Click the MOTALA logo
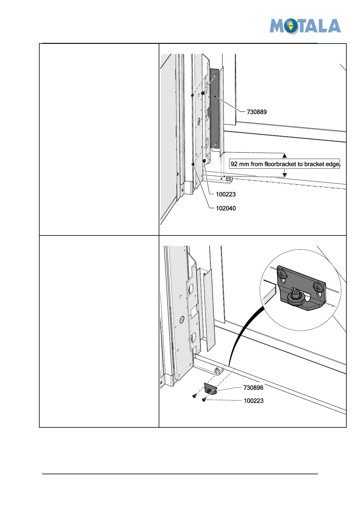click(x=305, y=26)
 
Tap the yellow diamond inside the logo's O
click(x=291, y=26)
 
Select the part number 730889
click(x=257, y=112)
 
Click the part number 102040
click(x=226, y=208)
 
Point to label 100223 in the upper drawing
click(x=226, y=194)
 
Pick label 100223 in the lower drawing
click(x=254, y=401)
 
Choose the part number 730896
click(x=253, y=388)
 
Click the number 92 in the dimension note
click(x=234, y=164)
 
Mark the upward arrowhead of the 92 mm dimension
click(x=284, y=156)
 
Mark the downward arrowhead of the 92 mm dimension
click(x=284, y=175)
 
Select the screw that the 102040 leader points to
click(x=193, y=164)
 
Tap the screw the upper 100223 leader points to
click(x=204, y=160)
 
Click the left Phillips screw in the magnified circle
click(x=281, y=275)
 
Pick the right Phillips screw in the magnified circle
click(x=318, y=286)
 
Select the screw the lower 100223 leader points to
click(x=204, y=400)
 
